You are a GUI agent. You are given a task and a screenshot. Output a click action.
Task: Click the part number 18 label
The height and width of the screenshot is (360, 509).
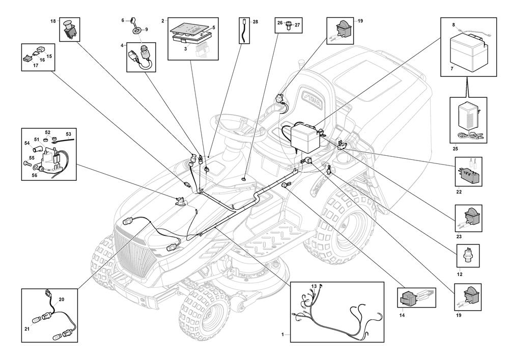pyautogui.click(x=53, y=21)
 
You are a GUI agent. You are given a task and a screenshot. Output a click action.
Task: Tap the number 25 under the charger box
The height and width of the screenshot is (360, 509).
pyautogui.click(x=455, y=149)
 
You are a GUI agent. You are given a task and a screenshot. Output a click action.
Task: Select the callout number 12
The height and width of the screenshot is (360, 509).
pyautogui.click(x=459, y=274)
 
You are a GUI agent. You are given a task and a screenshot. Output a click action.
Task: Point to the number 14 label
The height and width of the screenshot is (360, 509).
pyautogui.click(x=402, y=315)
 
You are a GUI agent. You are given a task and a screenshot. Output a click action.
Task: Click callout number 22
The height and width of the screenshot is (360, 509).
pyautogui.click(x=459, y=192)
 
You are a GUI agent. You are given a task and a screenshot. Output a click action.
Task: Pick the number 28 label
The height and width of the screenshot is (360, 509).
pyautogui.click(x=256, y=22)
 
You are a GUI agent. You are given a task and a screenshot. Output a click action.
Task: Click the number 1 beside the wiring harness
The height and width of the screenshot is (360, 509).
pyautogui.click(x=282, y=335)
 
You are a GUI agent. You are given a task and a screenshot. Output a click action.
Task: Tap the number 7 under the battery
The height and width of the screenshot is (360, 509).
pyautogui.click(x=452, y=69)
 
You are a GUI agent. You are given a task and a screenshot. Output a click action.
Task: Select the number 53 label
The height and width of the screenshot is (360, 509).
pyautogui.click(x=68, y=134)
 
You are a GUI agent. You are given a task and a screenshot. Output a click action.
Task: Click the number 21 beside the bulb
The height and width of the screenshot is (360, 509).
pyautogui.click(x=27, y=329)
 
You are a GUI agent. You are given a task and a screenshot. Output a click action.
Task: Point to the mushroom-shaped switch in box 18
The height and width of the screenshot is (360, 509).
pyautogui.click(x=69, y=29)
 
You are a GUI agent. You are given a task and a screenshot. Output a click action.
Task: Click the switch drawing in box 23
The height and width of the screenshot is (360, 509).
pyautogui.click(x=471, y=216)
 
